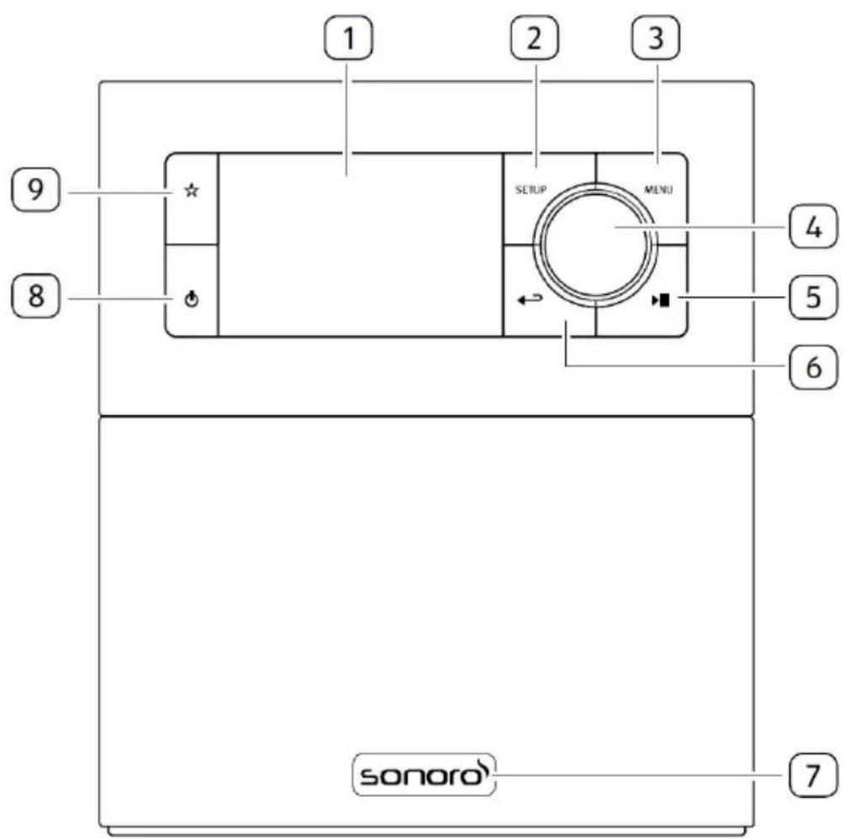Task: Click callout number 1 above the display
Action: click(x=348, y=38)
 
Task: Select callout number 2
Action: click(x=535, y=38)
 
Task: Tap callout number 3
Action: click(x=656, y=38)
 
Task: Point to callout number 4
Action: click(x=813, y=227)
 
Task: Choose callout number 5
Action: click(x=813, y=297)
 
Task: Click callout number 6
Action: click(x=813, y=367)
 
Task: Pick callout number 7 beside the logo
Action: click(x=813, y=775)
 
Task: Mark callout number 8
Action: click(x=35, y=295)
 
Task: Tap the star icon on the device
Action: click(x=192, y=190)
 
